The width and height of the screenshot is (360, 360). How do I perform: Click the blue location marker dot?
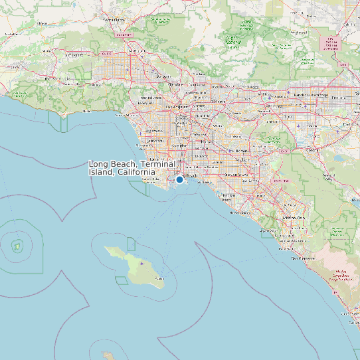(x=179, y=179)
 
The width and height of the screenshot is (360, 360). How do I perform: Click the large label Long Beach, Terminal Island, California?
(x=132, y=167)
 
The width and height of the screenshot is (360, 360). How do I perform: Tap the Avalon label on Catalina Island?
(x=159, y=280)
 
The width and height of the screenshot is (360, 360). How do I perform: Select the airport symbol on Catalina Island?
(x=142, y=263)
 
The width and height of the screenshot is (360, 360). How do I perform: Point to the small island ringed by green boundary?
(x=17, y=246)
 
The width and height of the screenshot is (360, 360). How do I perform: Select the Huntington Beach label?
(x=226, y=197)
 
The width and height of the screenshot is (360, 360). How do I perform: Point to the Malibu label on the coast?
(x=86, y=111)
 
